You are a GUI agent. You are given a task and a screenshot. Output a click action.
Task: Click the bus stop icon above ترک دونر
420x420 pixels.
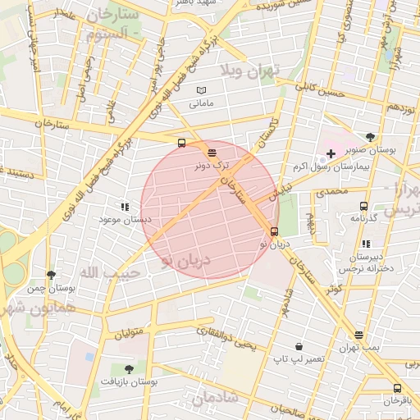(x=181, y=143)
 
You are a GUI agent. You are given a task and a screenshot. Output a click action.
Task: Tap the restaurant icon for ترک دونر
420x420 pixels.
(x=212, y=152)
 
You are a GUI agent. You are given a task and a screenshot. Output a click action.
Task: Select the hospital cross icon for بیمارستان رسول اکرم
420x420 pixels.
(x=331, y=153)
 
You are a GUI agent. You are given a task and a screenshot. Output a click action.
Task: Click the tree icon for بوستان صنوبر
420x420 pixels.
(x=371, y=138)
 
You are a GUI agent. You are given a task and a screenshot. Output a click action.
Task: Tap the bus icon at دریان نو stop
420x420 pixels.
(x=274, y=231)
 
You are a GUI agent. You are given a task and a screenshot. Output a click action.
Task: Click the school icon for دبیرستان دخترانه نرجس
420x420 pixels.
(x=366, y=244)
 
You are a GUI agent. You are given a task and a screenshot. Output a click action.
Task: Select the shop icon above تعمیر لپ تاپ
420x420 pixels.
(x=299, y=346)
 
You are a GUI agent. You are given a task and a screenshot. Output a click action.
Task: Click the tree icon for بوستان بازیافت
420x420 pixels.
(x=128, y=368)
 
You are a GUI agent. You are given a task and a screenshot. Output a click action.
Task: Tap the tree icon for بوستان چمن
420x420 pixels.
(x=52, y=276)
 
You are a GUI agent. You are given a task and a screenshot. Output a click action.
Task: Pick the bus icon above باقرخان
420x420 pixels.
(x=397, y=388)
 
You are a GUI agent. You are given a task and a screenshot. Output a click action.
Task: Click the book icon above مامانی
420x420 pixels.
(x=202, y=90)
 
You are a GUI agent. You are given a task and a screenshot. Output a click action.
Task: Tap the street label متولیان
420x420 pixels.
(x=130, y=334)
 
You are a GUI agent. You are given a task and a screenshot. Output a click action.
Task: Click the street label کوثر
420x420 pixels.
(x=333, y=289)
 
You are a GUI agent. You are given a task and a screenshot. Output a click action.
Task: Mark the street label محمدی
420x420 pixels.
(x=332, y=191)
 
